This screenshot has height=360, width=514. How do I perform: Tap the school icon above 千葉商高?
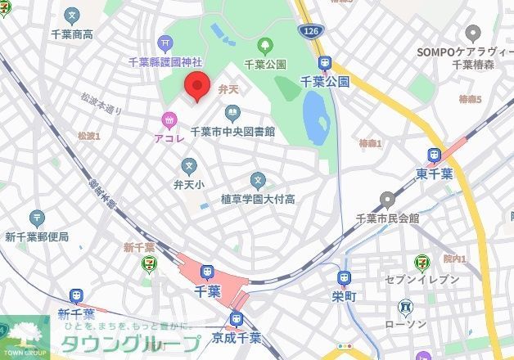click(72, 16)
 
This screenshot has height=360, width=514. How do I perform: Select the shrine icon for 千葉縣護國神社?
click(166, 43)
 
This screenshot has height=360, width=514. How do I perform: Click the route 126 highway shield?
click(315, 31)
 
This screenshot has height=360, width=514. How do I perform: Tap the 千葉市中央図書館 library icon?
click(231, 113)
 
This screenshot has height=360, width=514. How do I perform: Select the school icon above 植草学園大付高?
click(258, 180)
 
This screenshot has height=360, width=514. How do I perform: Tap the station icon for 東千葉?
click(434, 154)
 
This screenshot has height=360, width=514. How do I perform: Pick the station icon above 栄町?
click(344, 278)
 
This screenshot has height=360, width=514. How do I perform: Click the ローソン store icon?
click(406, 307)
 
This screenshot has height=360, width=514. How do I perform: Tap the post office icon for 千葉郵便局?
click(37, 218)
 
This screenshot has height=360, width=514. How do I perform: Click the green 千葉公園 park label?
click(264, 64)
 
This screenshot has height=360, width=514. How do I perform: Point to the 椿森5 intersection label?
click(470, 100)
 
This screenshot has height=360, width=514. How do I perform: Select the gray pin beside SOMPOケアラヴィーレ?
click(471, 33)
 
